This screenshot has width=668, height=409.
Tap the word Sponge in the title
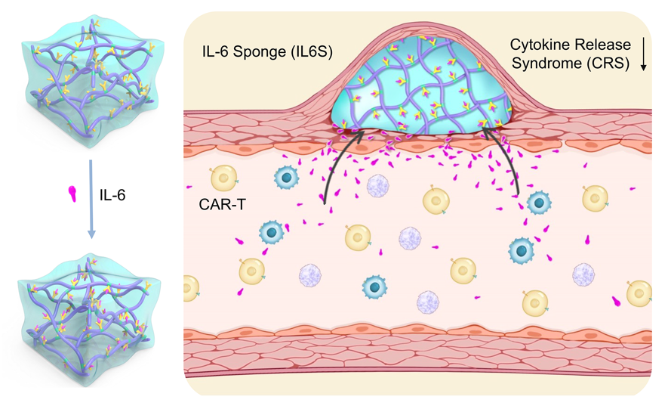pyautogui.click(x=253, y=51)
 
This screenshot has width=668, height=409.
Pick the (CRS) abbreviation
pyautogui.click(x=608, y=64)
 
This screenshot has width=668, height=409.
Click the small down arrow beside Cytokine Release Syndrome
pyautogui.click(x=644, y=57)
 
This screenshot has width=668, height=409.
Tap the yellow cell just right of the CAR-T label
pyautogui.click(x=224, y=178)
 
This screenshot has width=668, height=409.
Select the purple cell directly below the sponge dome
pyautogui.click(x=379, y=185)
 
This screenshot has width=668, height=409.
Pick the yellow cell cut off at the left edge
pyautogui.click(x=191, y=287)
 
